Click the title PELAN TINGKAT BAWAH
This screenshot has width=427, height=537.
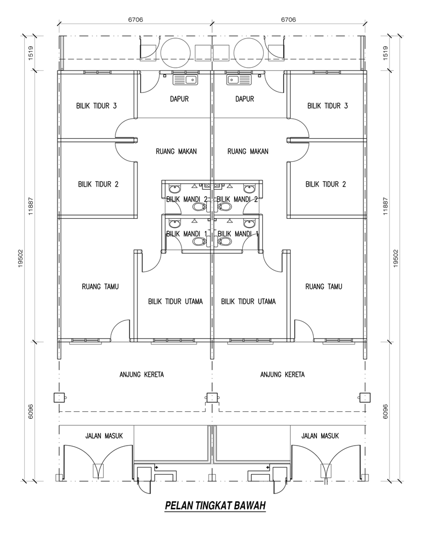point(215,505)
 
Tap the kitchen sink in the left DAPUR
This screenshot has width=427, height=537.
point(185,80)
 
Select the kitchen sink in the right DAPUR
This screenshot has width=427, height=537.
point(238,80)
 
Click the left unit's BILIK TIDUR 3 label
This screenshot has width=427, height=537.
point(97,106)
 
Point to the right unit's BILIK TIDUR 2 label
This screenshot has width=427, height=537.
point(325,184)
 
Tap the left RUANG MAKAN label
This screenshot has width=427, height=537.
point(176,151)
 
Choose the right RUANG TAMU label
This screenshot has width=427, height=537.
point(324,287)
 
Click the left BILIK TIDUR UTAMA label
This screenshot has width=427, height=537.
point(176,302)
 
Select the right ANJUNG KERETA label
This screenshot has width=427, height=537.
point(283,374)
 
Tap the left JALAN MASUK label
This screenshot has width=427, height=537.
point(104,436)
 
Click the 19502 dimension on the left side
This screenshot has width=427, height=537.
point(21,258)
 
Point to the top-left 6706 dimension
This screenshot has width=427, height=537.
point(135,19)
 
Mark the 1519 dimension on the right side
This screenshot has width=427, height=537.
point(386,53)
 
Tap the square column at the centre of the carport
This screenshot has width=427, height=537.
point(212,398)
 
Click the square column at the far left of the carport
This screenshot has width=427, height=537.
point(59,398)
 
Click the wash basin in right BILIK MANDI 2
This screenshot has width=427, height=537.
point(249,189)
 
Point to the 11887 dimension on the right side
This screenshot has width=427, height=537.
point(386,206)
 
